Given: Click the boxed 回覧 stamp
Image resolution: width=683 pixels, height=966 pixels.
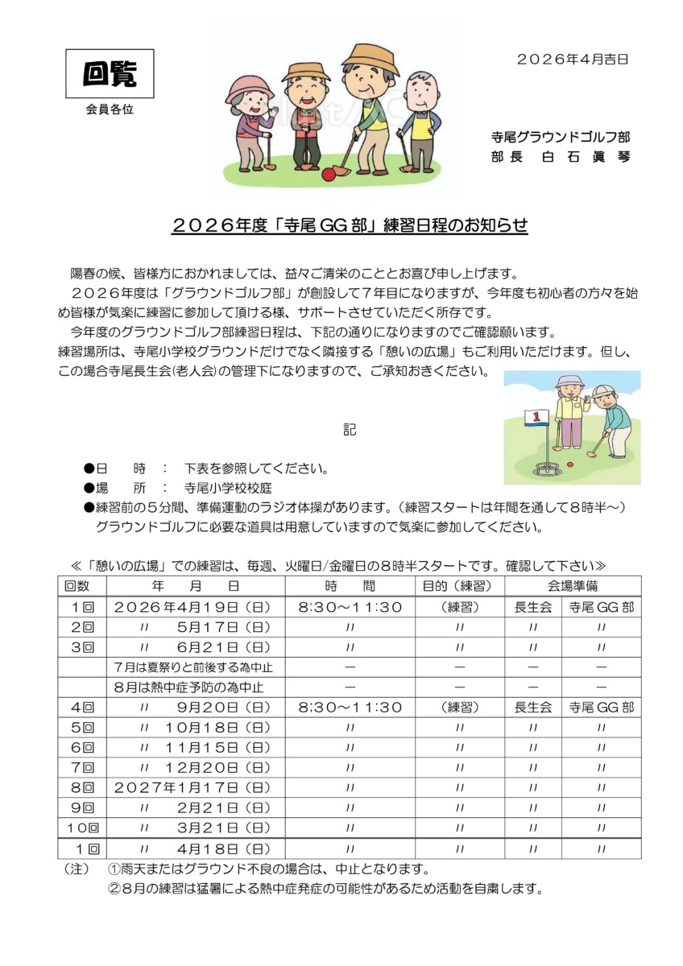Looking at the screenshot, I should coord(110,75).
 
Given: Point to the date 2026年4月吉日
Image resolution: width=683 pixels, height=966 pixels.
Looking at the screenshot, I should coord(572,58).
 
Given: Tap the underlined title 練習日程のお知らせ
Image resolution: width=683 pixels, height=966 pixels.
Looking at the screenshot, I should coord(350,226).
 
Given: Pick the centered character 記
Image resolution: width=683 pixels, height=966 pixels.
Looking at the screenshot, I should coord(350,430).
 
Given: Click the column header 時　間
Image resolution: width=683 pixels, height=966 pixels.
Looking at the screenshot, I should coord(350,586).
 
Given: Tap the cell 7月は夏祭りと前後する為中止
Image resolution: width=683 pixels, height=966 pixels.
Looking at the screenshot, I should coord(194,667).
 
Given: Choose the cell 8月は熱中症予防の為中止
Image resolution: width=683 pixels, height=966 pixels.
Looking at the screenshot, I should coord(189,687).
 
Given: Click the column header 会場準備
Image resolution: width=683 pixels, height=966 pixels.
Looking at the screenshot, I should coord(573,586).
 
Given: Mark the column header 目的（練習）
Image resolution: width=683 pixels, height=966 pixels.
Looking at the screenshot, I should coord(458,586).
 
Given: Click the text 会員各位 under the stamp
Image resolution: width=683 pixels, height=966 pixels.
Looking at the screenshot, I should coord(110,109).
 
